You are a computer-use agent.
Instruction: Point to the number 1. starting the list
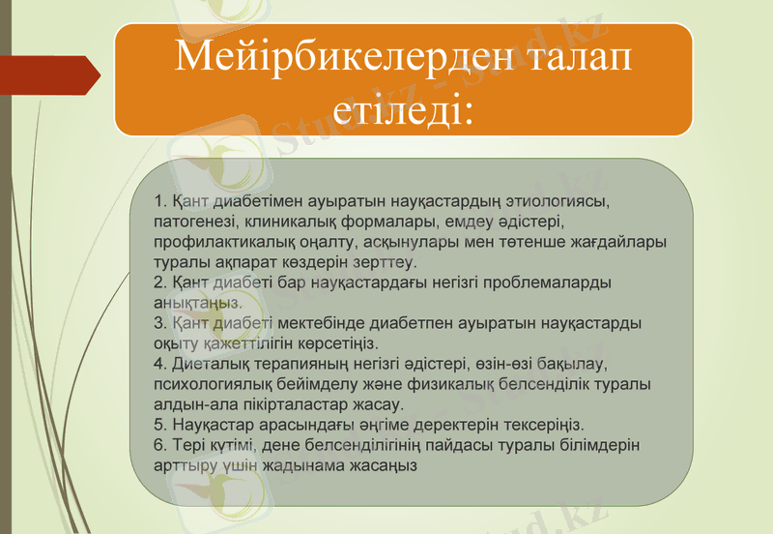tap(160, 202)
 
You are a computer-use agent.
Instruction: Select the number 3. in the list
tap(160, 323)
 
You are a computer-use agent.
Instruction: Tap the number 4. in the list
tap(160, 364)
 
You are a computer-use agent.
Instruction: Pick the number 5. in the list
tap(160, 425)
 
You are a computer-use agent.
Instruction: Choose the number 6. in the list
tap(160, 445)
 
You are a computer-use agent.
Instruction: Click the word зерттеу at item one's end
tap(386, 262)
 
